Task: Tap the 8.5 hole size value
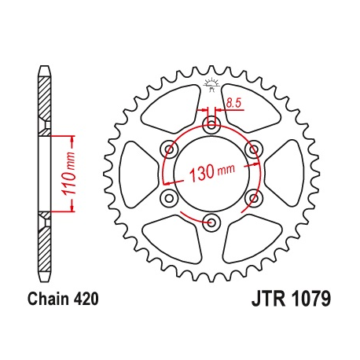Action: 233,102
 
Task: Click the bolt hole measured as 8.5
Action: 211,124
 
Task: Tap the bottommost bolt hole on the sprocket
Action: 211,221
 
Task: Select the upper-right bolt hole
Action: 252,149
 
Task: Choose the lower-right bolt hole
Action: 252,197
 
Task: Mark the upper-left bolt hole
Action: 168,149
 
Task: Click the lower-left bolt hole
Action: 168,197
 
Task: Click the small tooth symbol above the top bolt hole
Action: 211,84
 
